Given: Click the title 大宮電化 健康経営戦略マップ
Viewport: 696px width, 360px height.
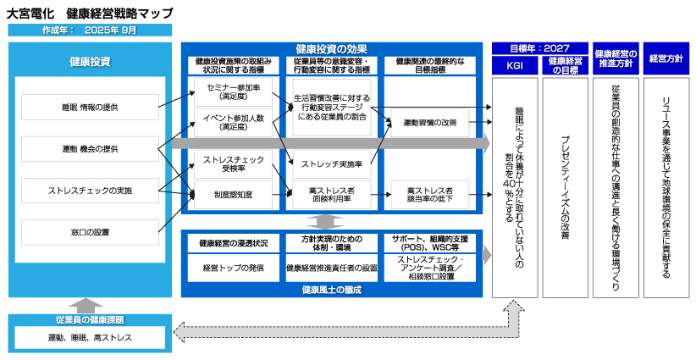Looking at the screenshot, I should point(90,14).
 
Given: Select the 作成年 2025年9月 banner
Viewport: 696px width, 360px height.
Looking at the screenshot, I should point(90,30).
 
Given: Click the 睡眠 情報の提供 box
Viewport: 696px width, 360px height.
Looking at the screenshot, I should point(90,107).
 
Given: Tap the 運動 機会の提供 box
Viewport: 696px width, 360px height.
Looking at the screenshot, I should point(90,149).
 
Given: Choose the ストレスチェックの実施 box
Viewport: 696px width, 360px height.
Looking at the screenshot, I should point(90,191).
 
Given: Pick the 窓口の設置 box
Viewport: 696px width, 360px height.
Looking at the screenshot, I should point(90,231).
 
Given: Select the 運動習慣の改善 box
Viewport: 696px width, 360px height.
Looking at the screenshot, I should point(429,122).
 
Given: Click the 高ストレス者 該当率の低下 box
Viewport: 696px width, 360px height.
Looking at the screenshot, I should point(429,195).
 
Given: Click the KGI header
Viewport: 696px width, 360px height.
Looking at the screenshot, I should point(515,63).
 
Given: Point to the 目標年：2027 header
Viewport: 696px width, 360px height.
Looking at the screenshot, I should point(540,48).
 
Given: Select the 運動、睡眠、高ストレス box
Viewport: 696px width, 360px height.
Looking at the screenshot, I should point(89,338).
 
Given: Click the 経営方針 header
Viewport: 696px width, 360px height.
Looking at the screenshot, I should point(666,58).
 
